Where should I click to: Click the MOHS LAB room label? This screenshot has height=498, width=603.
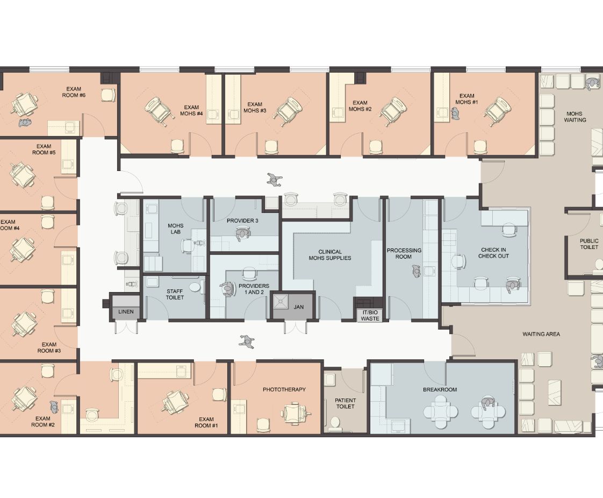click(x=175, y=229)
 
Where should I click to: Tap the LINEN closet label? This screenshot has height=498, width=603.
click(x=126, y=312)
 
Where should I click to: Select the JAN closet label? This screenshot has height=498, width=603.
click(x=299, y=307)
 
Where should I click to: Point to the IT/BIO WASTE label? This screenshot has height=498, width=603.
click(x=370, y=316)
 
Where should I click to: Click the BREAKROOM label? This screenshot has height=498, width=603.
click(x=440, y=389)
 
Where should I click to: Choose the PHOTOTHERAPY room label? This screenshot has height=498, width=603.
click(x=284, y=389)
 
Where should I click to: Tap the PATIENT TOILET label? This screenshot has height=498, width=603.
click(x=346, y=403)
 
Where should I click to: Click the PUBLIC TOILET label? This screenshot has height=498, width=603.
click(x=589, y=244)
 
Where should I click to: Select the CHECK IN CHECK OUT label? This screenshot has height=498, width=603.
click(x=493, y=253)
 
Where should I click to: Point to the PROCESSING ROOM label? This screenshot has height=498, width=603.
click(x=404, y=254)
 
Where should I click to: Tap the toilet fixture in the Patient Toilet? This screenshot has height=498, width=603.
click(x=335, y=423)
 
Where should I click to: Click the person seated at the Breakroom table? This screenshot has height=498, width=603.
click(x=487, y=403)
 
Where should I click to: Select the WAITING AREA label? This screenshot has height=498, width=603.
click(x=541, y=334)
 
